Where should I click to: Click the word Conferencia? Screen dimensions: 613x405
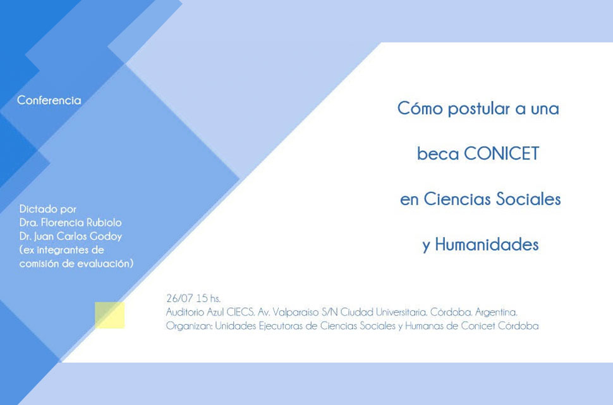(x=49, y=100)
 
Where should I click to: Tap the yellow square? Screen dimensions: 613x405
(x=110, y=315)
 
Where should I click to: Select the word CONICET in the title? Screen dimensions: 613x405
(x=502, y=153)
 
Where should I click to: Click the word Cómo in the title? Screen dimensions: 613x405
(x=420, y=108)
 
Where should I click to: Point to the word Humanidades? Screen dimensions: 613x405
(x=487, y=244)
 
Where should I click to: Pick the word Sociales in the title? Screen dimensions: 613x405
(x=528, y=199)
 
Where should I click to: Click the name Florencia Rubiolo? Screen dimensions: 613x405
(x=82, y=222)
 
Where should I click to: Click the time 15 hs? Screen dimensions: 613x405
(x=209, y=298)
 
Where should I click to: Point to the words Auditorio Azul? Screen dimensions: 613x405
(x=195, y=312)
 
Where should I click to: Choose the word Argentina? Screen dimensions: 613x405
(x=496, y=312)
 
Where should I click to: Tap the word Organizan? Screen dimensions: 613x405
(x=189, y=325)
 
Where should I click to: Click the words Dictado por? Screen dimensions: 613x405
(x=47, y=209)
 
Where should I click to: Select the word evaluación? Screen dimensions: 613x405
(x=105, y=263)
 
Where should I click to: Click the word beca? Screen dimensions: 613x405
(x=438, y=153)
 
